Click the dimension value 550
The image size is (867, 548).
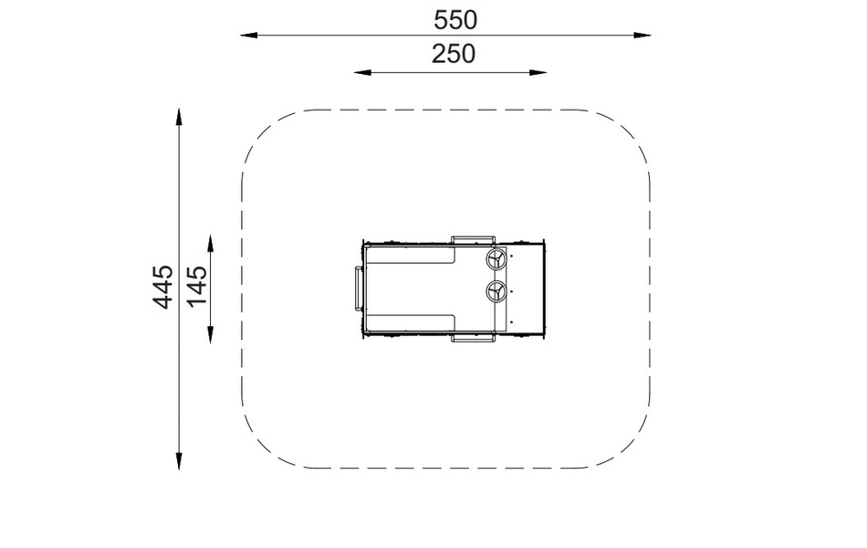point(454,20)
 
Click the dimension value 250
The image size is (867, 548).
point(453,54)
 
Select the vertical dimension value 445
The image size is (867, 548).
point(163,287)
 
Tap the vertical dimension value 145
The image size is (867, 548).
point(197,286)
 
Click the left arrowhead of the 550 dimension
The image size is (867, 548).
point(248,35)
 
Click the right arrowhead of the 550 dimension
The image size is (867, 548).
point(642,35)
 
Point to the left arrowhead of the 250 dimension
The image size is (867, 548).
point(362,72)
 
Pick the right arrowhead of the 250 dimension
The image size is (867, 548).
point(538,72)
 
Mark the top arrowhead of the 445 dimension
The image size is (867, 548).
point(179,117)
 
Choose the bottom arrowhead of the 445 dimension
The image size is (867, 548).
point(179,461)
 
